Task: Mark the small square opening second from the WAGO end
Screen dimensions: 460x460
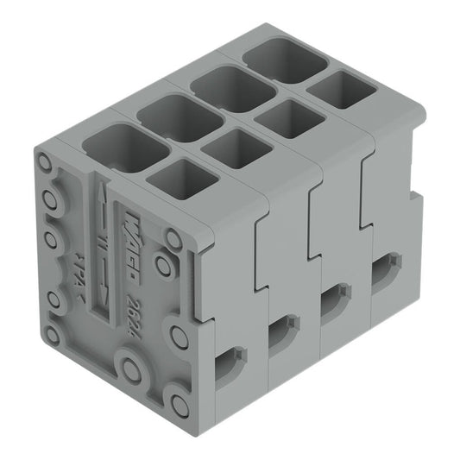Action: pos(234,148)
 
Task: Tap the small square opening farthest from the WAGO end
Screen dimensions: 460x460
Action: pos(336,90)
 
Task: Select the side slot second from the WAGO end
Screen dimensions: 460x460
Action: pos(283,331)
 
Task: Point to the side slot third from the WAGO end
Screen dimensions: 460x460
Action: pos(333,303)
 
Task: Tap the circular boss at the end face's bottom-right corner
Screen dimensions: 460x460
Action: pos(178,404)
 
